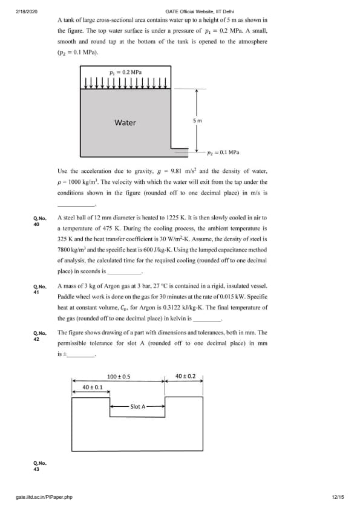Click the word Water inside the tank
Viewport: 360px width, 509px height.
[x=125, y=123]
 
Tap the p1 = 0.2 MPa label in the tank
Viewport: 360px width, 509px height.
[x=126, y=72]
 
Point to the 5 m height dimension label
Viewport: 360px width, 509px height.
[x=197, y=121]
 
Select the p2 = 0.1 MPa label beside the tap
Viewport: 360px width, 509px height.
[x=223, y=152]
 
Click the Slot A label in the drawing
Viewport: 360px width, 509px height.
[x=138, y=406]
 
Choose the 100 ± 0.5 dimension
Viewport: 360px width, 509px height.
[x=119, y=377]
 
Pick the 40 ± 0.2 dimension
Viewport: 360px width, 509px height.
[x=186, y=376]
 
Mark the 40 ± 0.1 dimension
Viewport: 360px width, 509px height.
[x=93, y=387]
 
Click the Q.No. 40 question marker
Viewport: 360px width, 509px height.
[x=40, y=221]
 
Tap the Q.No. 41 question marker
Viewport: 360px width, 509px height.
[x=40, y=289]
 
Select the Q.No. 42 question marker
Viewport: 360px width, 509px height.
[x=40, y=336]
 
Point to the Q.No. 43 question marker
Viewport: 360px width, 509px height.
[x=40, y=466]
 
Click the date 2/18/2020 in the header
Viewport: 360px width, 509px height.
[x=27, y=11]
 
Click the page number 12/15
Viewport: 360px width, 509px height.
[x=338, y=497]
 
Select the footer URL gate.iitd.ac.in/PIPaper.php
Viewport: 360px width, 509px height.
[x=44, y=497]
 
